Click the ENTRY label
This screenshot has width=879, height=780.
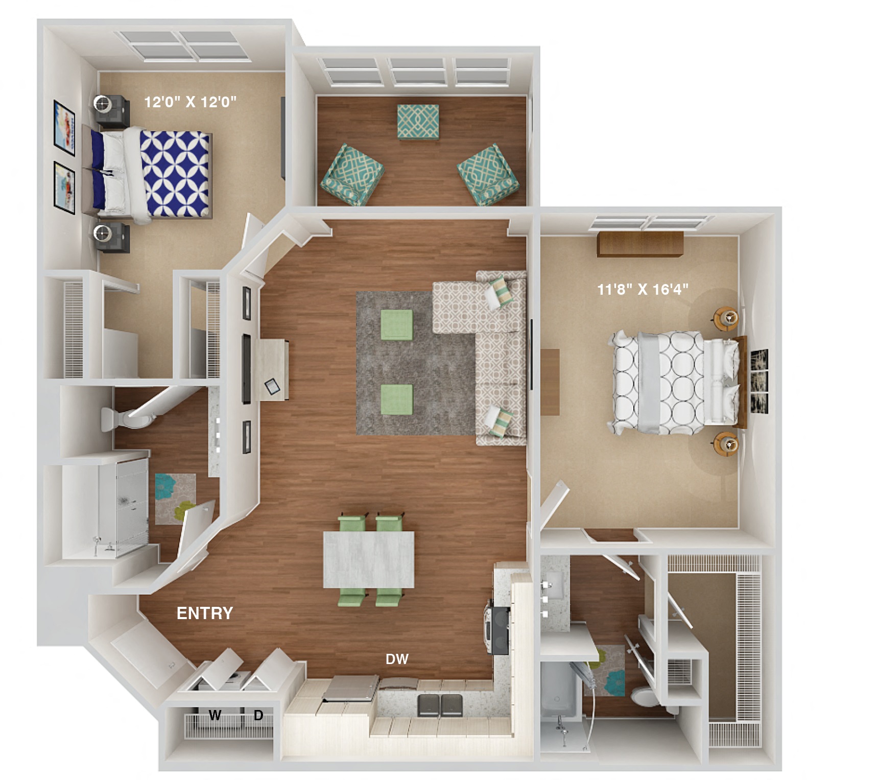point(204,613)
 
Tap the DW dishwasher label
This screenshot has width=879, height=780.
point(397,659)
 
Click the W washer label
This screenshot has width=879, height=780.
point(215,716)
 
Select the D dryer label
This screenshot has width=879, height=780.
point(258,716)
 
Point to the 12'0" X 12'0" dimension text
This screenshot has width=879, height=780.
point(190,102)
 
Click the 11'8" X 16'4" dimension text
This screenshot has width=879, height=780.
point(643,290)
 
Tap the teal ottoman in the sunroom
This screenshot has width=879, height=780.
point(418,122)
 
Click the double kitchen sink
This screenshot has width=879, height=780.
point(440,705)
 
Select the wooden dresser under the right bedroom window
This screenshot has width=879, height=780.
point(640,244)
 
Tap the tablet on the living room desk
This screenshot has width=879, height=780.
point(272,387)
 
